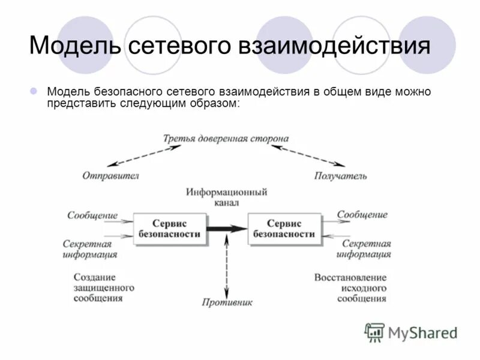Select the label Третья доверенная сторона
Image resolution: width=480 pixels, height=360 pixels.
226,139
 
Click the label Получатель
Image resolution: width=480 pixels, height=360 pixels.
340,176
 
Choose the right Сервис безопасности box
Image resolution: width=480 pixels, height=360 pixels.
284,228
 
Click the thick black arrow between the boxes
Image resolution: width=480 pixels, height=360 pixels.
227,228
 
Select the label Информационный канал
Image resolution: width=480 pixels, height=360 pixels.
226,197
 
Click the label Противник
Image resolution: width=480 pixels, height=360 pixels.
227,302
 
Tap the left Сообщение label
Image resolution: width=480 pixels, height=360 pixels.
92,215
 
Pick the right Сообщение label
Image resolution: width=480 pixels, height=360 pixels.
362,214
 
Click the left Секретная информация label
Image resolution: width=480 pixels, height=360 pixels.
90,249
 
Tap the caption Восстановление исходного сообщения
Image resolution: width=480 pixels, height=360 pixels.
350,288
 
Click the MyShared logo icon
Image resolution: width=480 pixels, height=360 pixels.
375,332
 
